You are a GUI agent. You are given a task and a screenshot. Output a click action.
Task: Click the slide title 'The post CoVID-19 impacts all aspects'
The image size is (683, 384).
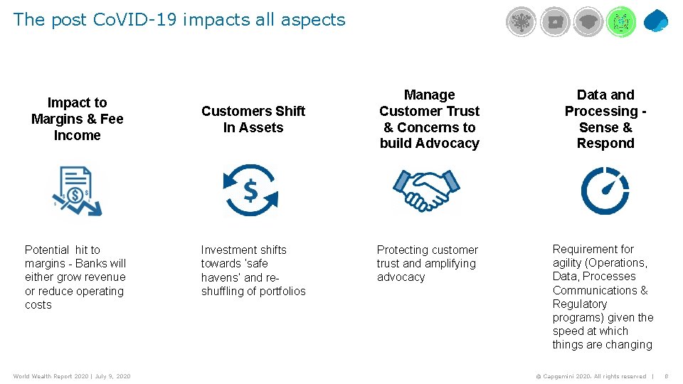point(179,20)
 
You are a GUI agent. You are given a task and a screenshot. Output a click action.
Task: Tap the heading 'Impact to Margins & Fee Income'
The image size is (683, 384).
point(77,119)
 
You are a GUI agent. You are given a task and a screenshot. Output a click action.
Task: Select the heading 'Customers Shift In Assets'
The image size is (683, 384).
point(253,119)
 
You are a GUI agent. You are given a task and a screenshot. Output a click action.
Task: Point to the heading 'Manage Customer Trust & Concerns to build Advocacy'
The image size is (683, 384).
point(429,119)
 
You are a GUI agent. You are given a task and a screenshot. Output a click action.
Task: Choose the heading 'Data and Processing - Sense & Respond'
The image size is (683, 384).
point(605,119)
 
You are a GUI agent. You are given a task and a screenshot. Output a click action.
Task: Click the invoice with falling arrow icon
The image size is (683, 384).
point(76,191)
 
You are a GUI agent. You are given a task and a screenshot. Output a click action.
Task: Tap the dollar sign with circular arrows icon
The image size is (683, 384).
point(250,190)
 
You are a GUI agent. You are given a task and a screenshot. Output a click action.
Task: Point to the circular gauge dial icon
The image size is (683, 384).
point(605,190)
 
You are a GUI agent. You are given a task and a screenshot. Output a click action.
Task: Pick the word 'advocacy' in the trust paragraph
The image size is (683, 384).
point(401,277)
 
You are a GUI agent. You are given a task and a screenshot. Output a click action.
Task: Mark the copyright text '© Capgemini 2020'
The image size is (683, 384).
point(563,376)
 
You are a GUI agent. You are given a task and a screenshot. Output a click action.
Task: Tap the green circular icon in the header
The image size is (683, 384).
point(621,22)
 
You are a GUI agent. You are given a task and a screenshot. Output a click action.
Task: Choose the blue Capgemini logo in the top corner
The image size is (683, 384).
point(656,21)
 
